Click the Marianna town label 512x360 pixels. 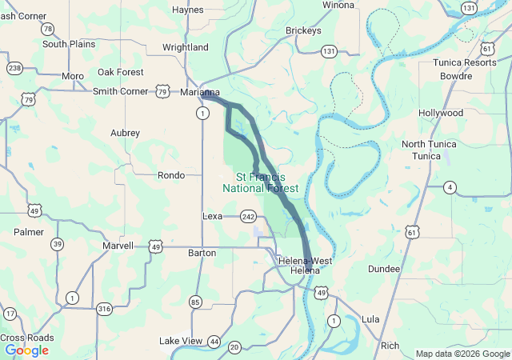point(199,93)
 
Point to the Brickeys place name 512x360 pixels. point(303,31)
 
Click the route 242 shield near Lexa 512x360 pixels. point(247,216)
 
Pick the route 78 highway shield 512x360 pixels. point(49,30)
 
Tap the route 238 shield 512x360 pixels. point(14,68)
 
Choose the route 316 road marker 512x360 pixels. point(104,309)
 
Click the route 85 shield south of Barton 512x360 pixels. point(195,302)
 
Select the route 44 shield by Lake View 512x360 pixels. point(214,342)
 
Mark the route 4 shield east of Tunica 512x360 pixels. point(451,187)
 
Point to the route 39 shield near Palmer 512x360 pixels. point(57,245)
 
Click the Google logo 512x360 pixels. point(26,350)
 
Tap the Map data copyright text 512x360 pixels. point(461,354)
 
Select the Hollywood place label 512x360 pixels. point(441,113)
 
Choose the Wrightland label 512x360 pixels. point(185,47)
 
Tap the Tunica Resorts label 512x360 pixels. point(464,62)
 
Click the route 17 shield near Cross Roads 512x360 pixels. point(10,314)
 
